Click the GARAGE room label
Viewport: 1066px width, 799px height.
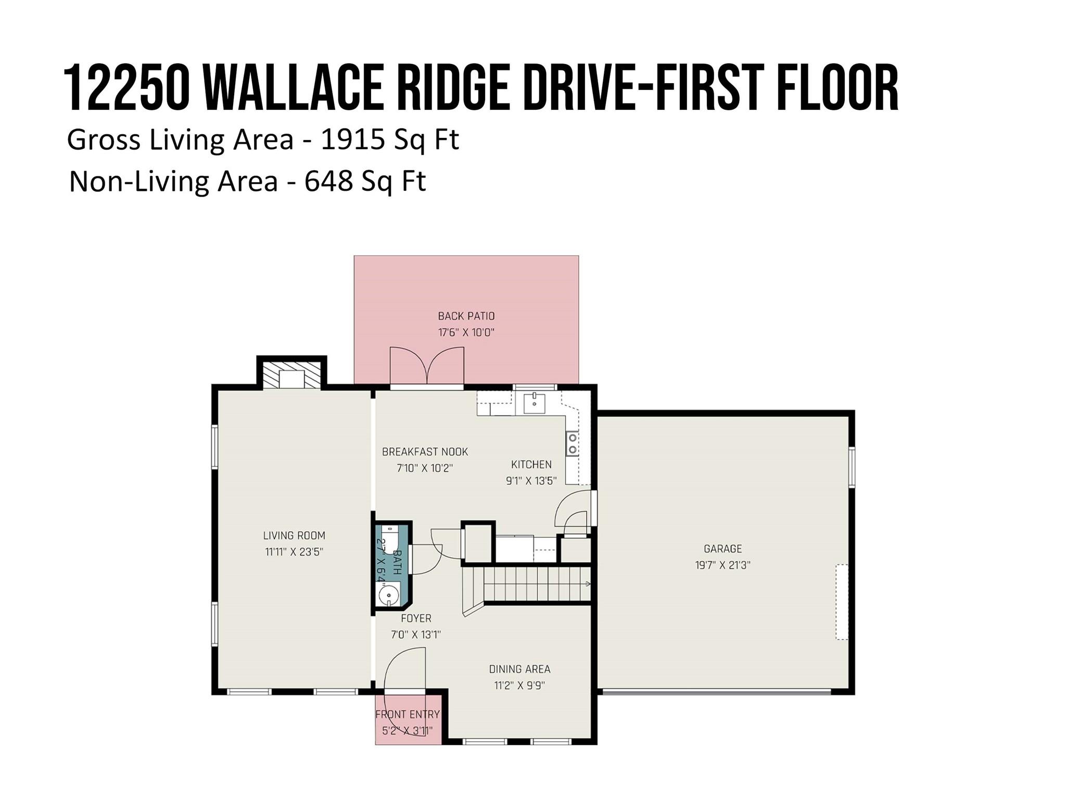tap(722, 548)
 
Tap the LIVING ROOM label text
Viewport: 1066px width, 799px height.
tap(294, 535)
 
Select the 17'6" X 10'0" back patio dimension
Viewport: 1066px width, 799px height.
tap(466, 332)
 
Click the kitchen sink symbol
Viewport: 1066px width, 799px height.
tap(534, 403)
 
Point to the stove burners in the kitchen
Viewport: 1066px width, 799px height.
tap(572, 444)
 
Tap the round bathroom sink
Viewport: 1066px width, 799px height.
tap(388, 595)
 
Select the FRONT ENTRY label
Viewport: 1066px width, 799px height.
tap(408, 714)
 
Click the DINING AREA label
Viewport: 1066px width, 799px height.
tap(519, 669)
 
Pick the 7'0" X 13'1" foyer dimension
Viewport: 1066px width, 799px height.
tap(416, 635)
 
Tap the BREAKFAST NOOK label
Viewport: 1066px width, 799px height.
tap(425, 452)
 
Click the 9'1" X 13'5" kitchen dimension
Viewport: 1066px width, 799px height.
tap(531, 481)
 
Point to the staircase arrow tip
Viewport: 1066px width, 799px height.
tap(588, 584)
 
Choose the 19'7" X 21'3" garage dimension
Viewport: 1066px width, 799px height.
tap(722, 565)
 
